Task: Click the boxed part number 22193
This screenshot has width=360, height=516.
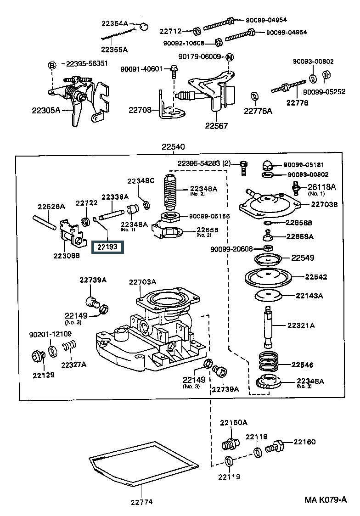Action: pos(107,247)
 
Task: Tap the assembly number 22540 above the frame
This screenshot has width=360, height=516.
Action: pos(173,146)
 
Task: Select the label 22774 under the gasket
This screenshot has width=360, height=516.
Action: pos(142,502)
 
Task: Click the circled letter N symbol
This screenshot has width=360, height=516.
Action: pos(230,57)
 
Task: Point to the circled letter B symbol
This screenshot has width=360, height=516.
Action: pos(52,65)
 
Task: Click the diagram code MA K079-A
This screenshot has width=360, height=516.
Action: pos(326,500)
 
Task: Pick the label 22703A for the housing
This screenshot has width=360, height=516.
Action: pos(142,282)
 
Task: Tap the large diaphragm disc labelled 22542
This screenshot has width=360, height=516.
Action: pos(268,277)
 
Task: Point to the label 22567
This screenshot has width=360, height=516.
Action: pos(216,126)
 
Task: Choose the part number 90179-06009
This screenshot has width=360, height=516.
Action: pos(199,56)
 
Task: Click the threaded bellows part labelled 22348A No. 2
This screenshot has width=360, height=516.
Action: pos(170,192)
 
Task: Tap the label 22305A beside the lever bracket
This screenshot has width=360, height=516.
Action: pos(46,110)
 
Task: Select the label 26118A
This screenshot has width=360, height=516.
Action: pos(321,187)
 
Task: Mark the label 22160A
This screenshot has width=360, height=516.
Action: pos(234,422)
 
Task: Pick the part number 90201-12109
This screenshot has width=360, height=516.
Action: pos(51,334)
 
